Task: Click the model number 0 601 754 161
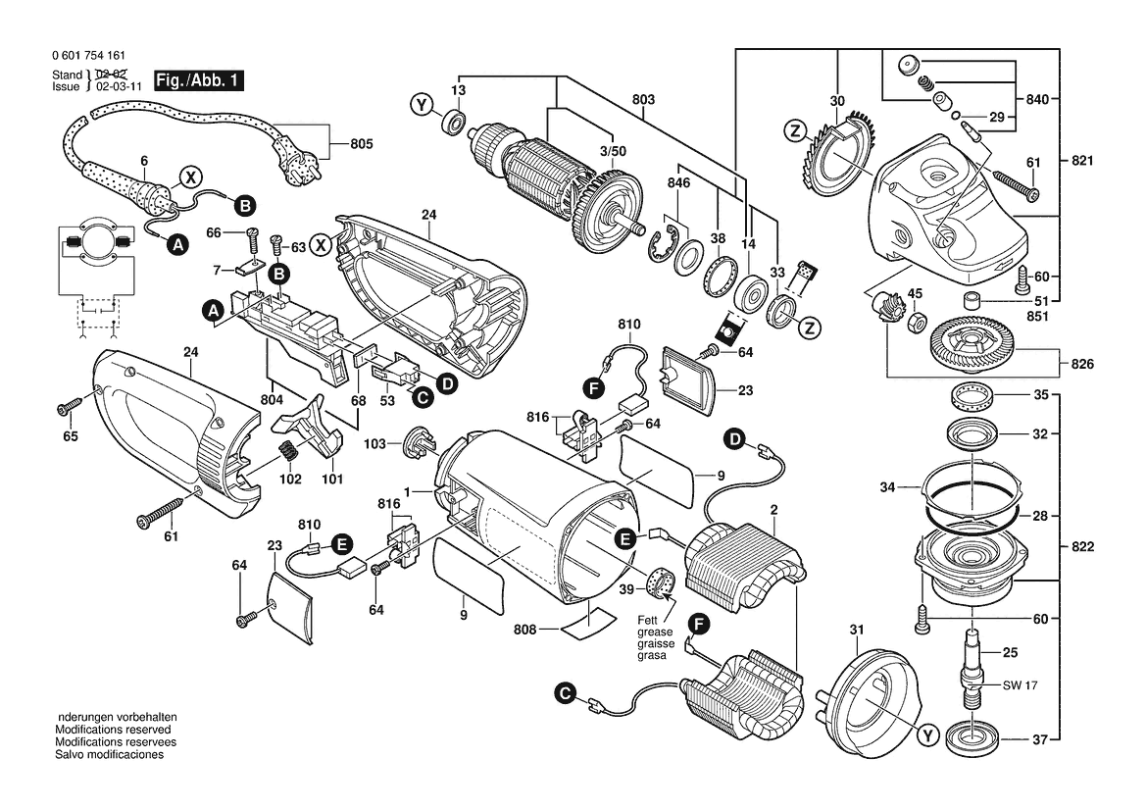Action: (x=87, y=57)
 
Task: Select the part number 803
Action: (x=643, y=100)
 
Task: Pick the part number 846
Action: (x=679, y=183)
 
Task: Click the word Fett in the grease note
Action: (x=648, y=621)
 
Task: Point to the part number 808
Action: (x=525, y=629)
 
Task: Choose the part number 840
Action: (x=1037, y=100)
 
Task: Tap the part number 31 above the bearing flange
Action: (x=856, y=630)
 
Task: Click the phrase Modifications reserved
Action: (x=113, y=731)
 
